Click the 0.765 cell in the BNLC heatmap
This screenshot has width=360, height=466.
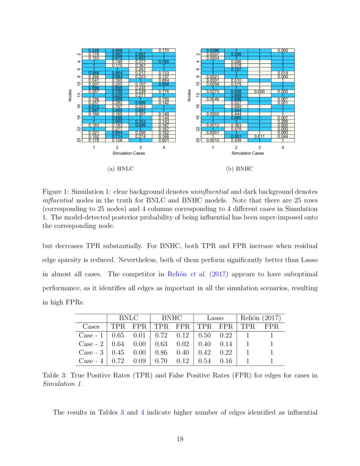tap(163, 61)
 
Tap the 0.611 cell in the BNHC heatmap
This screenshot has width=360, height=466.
tap(259, 136)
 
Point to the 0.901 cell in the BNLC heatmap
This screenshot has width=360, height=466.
tap(163, 140)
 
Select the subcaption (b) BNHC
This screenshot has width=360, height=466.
tap(239, 168)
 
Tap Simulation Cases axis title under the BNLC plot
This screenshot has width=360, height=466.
tap(128, 153)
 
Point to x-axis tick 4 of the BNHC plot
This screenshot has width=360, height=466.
tap(282, 147)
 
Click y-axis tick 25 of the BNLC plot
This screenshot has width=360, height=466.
tap(79, 139)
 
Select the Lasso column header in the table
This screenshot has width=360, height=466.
tap(215, 317)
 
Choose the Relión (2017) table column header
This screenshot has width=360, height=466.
tap(260, 317)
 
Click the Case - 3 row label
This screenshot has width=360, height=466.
tap(91, 352)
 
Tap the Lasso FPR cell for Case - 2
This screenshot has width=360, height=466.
tap(226, 344)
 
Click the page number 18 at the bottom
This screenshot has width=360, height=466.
tap(180, 439)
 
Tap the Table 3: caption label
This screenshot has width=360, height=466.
tap(55, 375)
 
